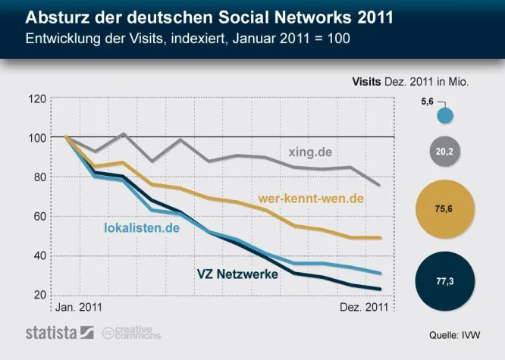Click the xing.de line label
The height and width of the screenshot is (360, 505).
coord(309,151)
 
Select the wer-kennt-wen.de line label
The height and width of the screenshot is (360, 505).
coord(311,199)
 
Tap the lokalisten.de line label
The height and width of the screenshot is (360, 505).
coord(141,227)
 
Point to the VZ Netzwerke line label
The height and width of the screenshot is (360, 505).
coord(237,274)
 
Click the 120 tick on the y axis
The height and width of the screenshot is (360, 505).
coord(36,99)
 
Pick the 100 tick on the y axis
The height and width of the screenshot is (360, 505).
coord(36,138)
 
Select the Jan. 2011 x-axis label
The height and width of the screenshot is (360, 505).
coord(80,308)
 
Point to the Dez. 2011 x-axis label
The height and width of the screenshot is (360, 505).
coord(361,308)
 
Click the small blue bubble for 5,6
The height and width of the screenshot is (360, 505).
coord(446,116)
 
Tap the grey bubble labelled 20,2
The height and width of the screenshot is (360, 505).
coord(445,152)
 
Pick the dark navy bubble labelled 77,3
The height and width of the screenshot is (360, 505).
coord(445,280)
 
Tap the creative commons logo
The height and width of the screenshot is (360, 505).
coord(127,332)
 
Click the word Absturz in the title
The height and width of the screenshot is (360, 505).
coord(57,17)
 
